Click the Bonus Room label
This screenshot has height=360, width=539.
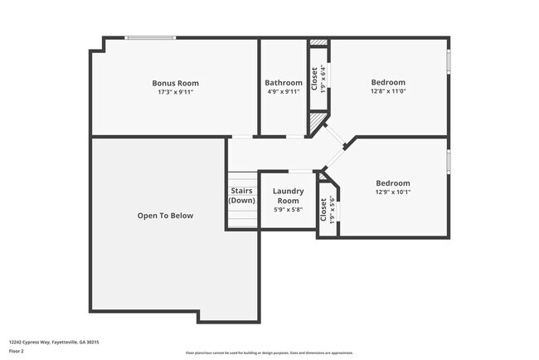click(x=175, y=83)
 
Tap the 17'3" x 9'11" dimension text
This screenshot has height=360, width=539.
click(x=175, y=92)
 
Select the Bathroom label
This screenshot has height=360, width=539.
click(x=284, y=83)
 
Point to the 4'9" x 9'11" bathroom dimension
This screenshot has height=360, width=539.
click(x=284, y=92)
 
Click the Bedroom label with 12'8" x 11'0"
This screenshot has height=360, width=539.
click(x=388, y=82)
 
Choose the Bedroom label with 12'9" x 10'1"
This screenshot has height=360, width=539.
click(x=392, y=183)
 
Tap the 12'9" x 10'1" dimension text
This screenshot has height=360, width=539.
click(x=392, y=192)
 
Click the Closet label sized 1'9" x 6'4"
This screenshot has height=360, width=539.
click(x=314, y=78)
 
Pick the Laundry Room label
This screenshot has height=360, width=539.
click(x=288, y=196)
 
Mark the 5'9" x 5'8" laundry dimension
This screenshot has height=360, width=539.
click(x=288, y=210)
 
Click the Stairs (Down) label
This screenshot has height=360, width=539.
click(x=241, y=196)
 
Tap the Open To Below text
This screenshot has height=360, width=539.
click(x=165, y=216)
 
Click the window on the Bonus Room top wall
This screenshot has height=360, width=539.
click(x=150, y=37)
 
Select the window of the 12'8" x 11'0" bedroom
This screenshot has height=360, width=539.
click(x=449, y=63)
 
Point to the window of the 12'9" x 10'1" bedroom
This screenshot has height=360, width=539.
click(x=449, y=163)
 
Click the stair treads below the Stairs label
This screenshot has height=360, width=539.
click(x=242, y=218)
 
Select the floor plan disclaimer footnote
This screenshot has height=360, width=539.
click(x=269, y=353)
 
